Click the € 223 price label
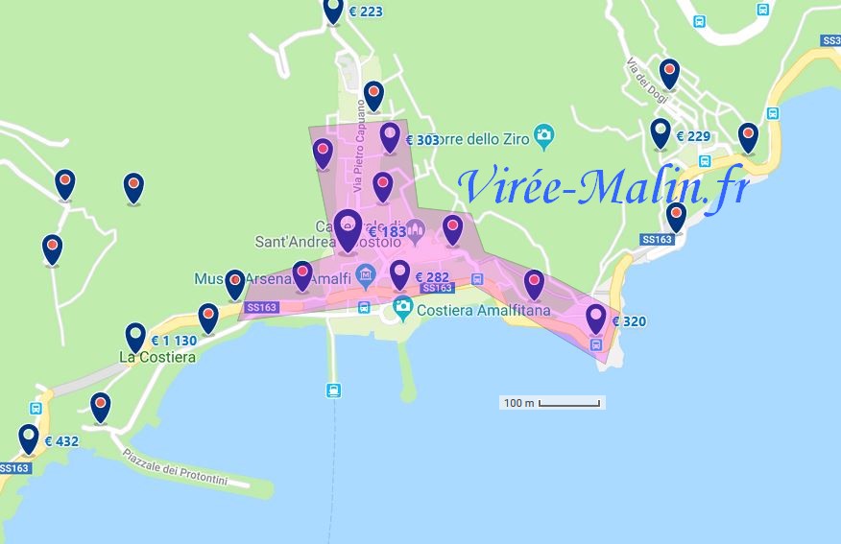[x=365, y=12]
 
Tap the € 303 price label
[x=422, y=140]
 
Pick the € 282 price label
[x=432, y=277]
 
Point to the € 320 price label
[x=629, y=321]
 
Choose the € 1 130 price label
[x=174, y=341]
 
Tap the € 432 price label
[x=60, y=442]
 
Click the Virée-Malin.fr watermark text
[x=603, y=187]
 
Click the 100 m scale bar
[x=553, y=403]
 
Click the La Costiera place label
[x=157, y=358]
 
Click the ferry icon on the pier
[x=333, y=390]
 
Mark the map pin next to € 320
[x=596, y=318]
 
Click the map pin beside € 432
[x=29, y=438]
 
